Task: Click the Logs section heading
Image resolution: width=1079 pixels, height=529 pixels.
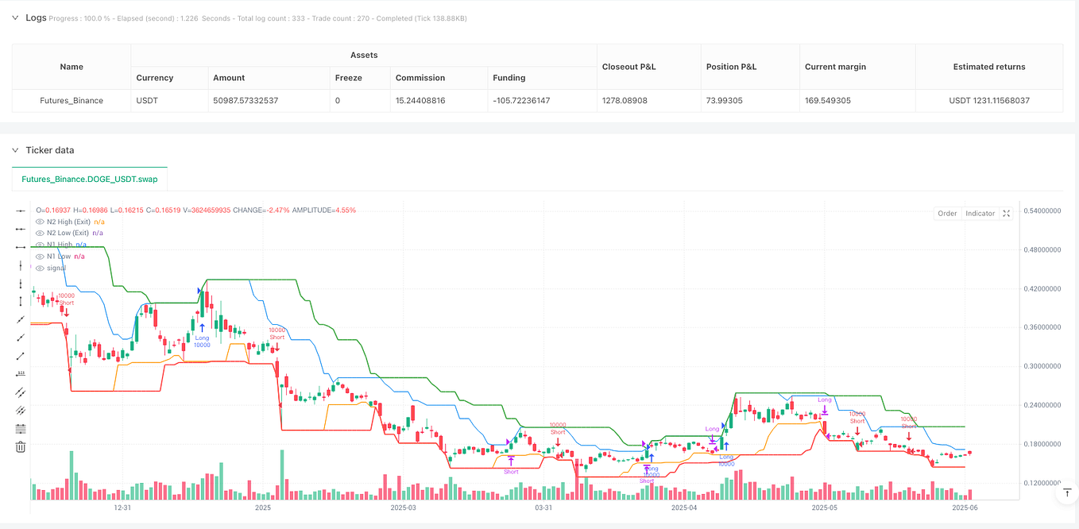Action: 37,17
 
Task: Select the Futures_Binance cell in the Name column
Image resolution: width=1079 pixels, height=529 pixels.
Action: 72,101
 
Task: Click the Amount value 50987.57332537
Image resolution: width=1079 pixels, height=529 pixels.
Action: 246,101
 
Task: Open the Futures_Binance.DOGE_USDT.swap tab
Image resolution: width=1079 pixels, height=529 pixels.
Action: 90,179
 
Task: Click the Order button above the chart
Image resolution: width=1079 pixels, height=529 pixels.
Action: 947,214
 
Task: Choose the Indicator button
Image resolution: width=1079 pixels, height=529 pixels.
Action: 980,214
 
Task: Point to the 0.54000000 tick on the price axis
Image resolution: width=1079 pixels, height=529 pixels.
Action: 1042,210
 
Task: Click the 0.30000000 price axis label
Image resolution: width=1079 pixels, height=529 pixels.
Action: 1042,366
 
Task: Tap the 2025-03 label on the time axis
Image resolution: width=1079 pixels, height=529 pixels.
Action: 403,507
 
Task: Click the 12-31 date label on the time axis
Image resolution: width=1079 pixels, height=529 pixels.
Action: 122,507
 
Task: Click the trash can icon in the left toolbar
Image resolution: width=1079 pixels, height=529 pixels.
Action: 21,447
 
